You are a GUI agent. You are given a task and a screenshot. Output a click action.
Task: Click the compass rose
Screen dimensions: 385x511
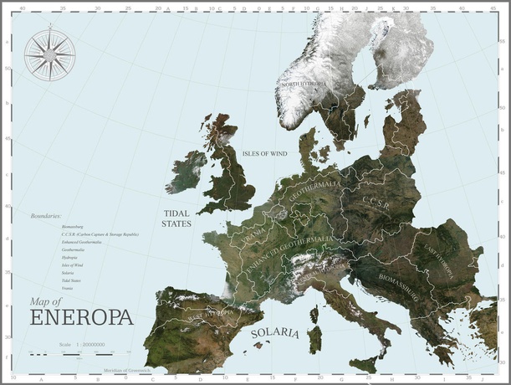tap(49, 54)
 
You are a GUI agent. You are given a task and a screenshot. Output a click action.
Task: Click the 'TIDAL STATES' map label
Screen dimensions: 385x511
tap(176, 219)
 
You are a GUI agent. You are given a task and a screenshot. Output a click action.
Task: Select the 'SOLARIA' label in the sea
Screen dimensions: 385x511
tap(275, 333)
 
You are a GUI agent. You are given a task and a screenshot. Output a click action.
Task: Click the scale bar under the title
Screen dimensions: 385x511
tap(70, 355)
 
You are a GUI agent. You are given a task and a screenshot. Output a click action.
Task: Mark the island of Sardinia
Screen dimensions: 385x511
tap(315, 339)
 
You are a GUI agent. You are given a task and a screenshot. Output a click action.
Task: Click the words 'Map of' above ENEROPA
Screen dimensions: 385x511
tap(46, 301)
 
